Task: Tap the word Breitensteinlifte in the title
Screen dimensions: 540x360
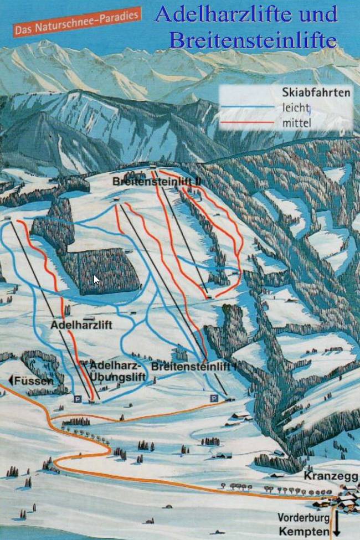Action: [253, 40]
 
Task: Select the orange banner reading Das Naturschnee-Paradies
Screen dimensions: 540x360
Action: [77, 23]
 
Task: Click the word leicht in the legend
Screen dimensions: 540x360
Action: [296, 107]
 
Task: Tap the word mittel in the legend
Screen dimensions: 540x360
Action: [296, 122]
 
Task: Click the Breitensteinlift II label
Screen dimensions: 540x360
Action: [157, 181]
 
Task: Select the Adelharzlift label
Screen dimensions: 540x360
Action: [81, 325]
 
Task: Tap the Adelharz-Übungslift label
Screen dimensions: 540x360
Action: [117, 371]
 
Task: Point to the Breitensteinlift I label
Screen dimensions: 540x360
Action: [194, 367]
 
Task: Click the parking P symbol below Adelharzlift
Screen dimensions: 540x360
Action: [77, 398]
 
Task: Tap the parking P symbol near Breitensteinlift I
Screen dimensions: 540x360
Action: [213, 398]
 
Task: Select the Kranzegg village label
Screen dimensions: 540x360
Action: [331, 477]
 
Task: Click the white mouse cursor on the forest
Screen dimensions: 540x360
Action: [96, 279]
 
